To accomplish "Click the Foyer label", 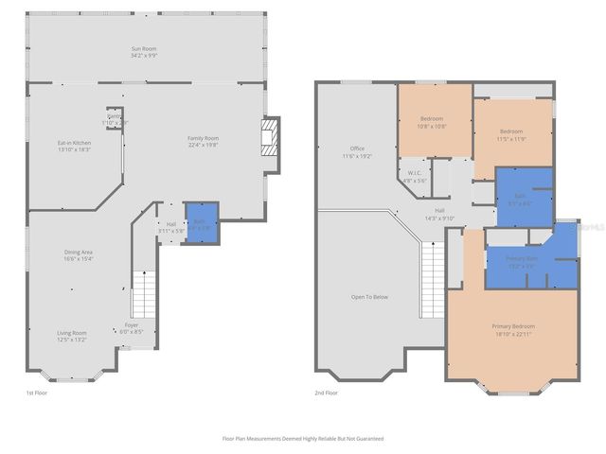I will (x=131, y=325).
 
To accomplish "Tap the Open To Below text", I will (x=369, y=297).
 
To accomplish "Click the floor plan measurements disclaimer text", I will (x=302, y=439).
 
